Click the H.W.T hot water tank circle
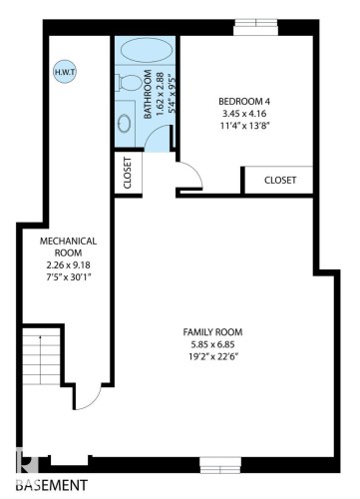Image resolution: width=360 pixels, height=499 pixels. (63, 72)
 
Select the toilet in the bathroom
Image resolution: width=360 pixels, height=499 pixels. (126, 85)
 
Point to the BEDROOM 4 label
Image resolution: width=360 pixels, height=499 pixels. (246, 101)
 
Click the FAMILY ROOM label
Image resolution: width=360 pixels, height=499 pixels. (213, 331)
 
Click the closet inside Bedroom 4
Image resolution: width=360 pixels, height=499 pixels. (280, 180)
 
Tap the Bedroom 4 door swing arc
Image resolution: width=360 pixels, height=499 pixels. (189, 177)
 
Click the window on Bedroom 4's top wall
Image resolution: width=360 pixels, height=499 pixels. (264, 22)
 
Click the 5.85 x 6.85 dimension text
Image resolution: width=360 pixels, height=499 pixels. (213, 345)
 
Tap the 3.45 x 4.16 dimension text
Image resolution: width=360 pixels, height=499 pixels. (246, 114)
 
